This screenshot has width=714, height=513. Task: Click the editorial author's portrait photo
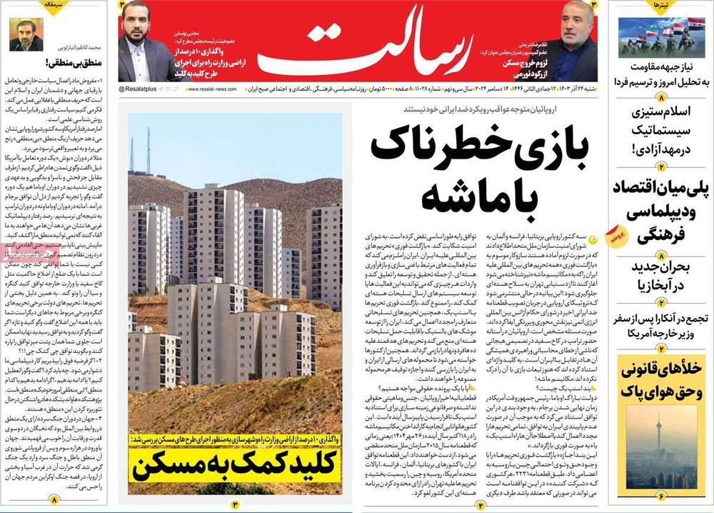point(26,34)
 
